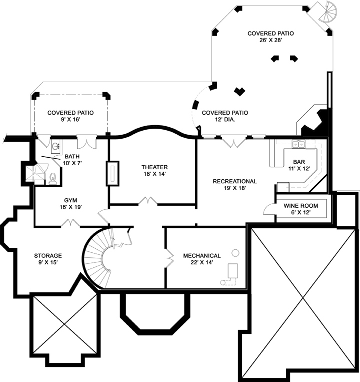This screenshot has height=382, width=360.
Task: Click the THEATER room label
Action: click(x=154, y=167)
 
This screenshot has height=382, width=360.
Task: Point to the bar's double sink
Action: click(x=298, y=145)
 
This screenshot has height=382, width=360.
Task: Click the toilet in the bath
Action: click(x=52, y=178)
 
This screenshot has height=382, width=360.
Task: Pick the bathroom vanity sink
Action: click(x=55, y=146)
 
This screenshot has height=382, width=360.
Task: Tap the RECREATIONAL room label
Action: click(x=234, y=181)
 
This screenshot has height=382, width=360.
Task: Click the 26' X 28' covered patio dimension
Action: click(x=270, y=41)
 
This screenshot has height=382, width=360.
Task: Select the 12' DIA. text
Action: click(x=224, y=120)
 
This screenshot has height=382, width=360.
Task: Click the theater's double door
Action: click(x=147, y=201)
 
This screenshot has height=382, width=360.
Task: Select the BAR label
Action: click(x=299, y=162)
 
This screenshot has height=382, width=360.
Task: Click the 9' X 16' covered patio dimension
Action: click(x=70, y=120)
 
